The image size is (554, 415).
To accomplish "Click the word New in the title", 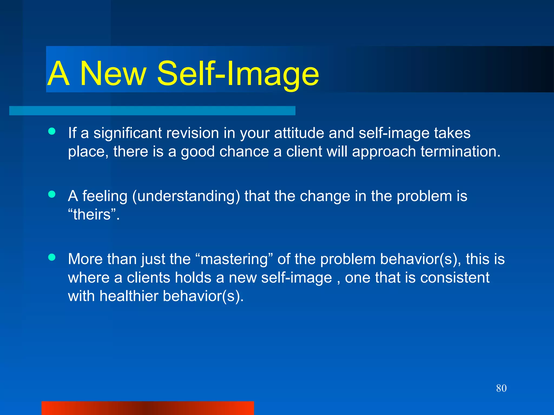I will [113, 73].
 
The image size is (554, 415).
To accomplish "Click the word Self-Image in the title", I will [238, 73].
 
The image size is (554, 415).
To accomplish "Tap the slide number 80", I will [501, 388].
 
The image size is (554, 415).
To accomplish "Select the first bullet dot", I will [52, 132].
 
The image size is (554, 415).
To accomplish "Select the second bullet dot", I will [52, 194].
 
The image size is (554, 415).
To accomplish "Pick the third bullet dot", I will [52, 257].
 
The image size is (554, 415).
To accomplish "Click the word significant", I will [127, 133].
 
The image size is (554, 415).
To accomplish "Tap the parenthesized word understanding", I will [186, 196].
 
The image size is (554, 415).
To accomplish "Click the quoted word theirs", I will [92, 215].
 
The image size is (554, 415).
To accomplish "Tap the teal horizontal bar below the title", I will [152, 111].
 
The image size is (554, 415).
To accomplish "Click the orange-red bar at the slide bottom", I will [147, 408].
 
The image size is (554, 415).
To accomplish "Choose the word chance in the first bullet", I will [244, 152].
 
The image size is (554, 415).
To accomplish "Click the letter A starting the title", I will [59, 73].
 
